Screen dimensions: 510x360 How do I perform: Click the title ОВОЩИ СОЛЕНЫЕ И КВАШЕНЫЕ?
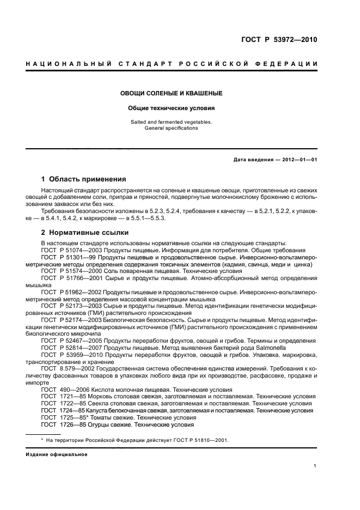pos(171,94)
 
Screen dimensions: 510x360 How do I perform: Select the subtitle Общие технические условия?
pos(171,108)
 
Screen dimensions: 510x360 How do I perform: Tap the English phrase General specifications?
pos(171,128)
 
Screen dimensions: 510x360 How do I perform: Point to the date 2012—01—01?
pos(300,159)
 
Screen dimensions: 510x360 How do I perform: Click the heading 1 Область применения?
pos(84,179)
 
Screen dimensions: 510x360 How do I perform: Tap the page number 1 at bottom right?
pos(315,465)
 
